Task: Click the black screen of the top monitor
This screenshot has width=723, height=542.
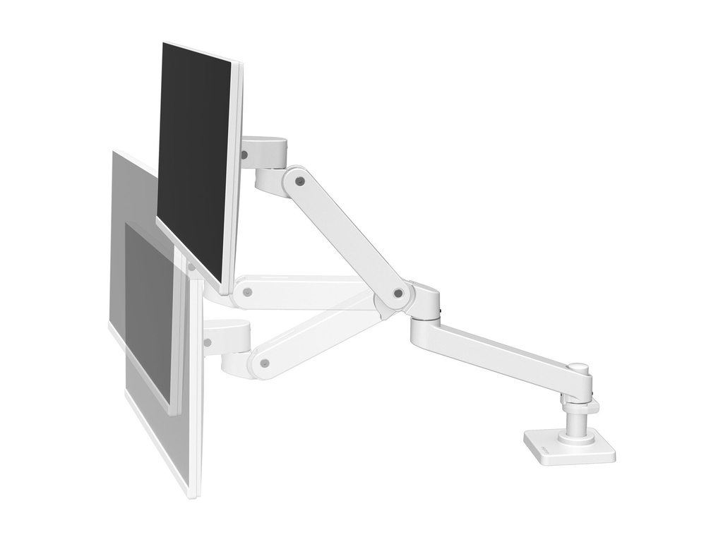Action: pos(194,155)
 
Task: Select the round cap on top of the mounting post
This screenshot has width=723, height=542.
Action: pos(579,368)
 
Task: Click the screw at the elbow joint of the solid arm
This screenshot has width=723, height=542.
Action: pos(398,292)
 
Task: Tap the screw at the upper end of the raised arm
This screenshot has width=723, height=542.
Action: pos(300,181)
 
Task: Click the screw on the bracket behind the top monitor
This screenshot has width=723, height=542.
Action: pos(244,153)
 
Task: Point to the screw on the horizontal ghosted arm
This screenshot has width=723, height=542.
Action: pos(247,291)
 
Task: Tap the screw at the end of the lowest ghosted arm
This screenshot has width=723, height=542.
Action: pos(264,363)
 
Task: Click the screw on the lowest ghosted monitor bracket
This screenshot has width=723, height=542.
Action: pos(207,342)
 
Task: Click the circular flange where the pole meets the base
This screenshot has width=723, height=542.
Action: pos(576,438)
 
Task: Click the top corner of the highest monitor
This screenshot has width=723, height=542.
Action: pos(164,44)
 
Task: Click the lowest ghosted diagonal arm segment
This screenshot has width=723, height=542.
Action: pos(318,339)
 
